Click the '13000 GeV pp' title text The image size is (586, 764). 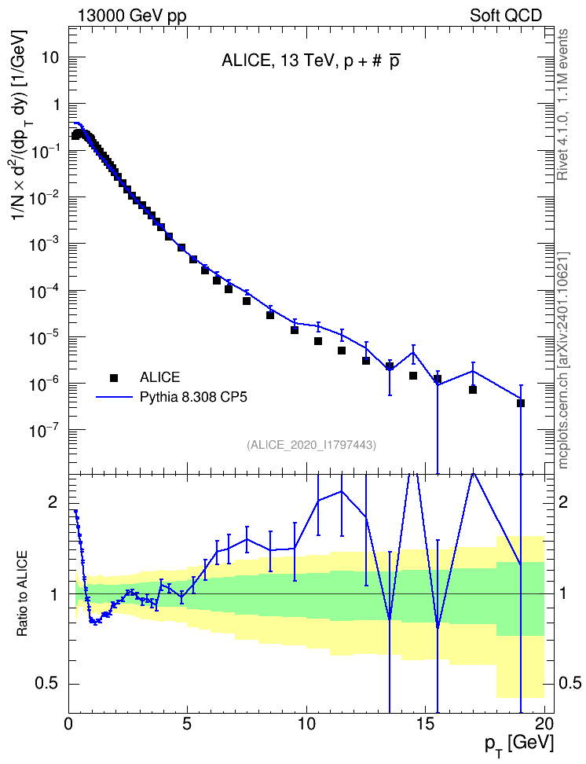[131, 16]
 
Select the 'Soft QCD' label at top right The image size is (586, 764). [506, 15]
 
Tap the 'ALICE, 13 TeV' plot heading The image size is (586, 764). [277, 61]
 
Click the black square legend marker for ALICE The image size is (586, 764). [114, 377]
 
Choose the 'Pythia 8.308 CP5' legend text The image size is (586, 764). [193, 398]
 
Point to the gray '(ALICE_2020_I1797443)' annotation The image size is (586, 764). [311, 445]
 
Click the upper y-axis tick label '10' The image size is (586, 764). [49, 57]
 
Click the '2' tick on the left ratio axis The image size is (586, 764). [53, 501]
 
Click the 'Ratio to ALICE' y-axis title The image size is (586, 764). [21, 593]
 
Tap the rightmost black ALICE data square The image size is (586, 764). [521, 403]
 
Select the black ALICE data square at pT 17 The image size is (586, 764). [473, 389]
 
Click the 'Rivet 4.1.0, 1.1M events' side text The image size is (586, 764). [562, 105]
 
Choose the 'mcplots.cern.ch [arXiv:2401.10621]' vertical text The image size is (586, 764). [563, 361]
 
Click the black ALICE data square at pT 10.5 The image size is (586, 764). [318, 341]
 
